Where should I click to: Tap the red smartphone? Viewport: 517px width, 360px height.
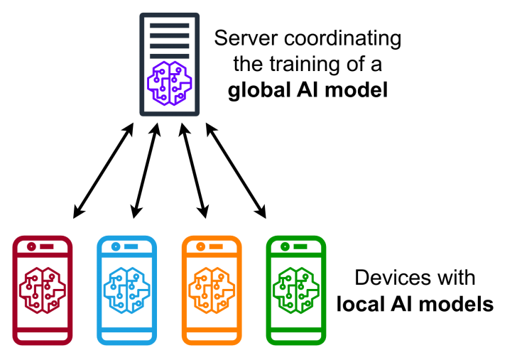43,290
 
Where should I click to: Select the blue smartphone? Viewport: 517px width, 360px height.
126,290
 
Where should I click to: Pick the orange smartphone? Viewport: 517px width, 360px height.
211,290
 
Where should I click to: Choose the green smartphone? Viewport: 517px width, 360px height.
295,290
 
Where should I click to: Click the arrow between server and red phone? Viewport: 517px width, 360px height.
104,170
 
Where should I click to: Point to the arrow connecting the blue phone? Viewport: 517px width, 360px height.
144,170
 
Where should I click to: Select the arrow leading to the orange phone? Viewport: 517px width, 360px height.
195,170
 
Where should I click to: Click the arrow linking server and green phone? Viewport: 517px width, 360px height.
236,170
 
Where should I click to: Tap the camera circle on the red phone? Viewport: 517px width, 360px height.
31,247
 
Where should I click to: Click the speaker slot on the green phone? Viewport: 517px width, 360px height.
300,247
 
